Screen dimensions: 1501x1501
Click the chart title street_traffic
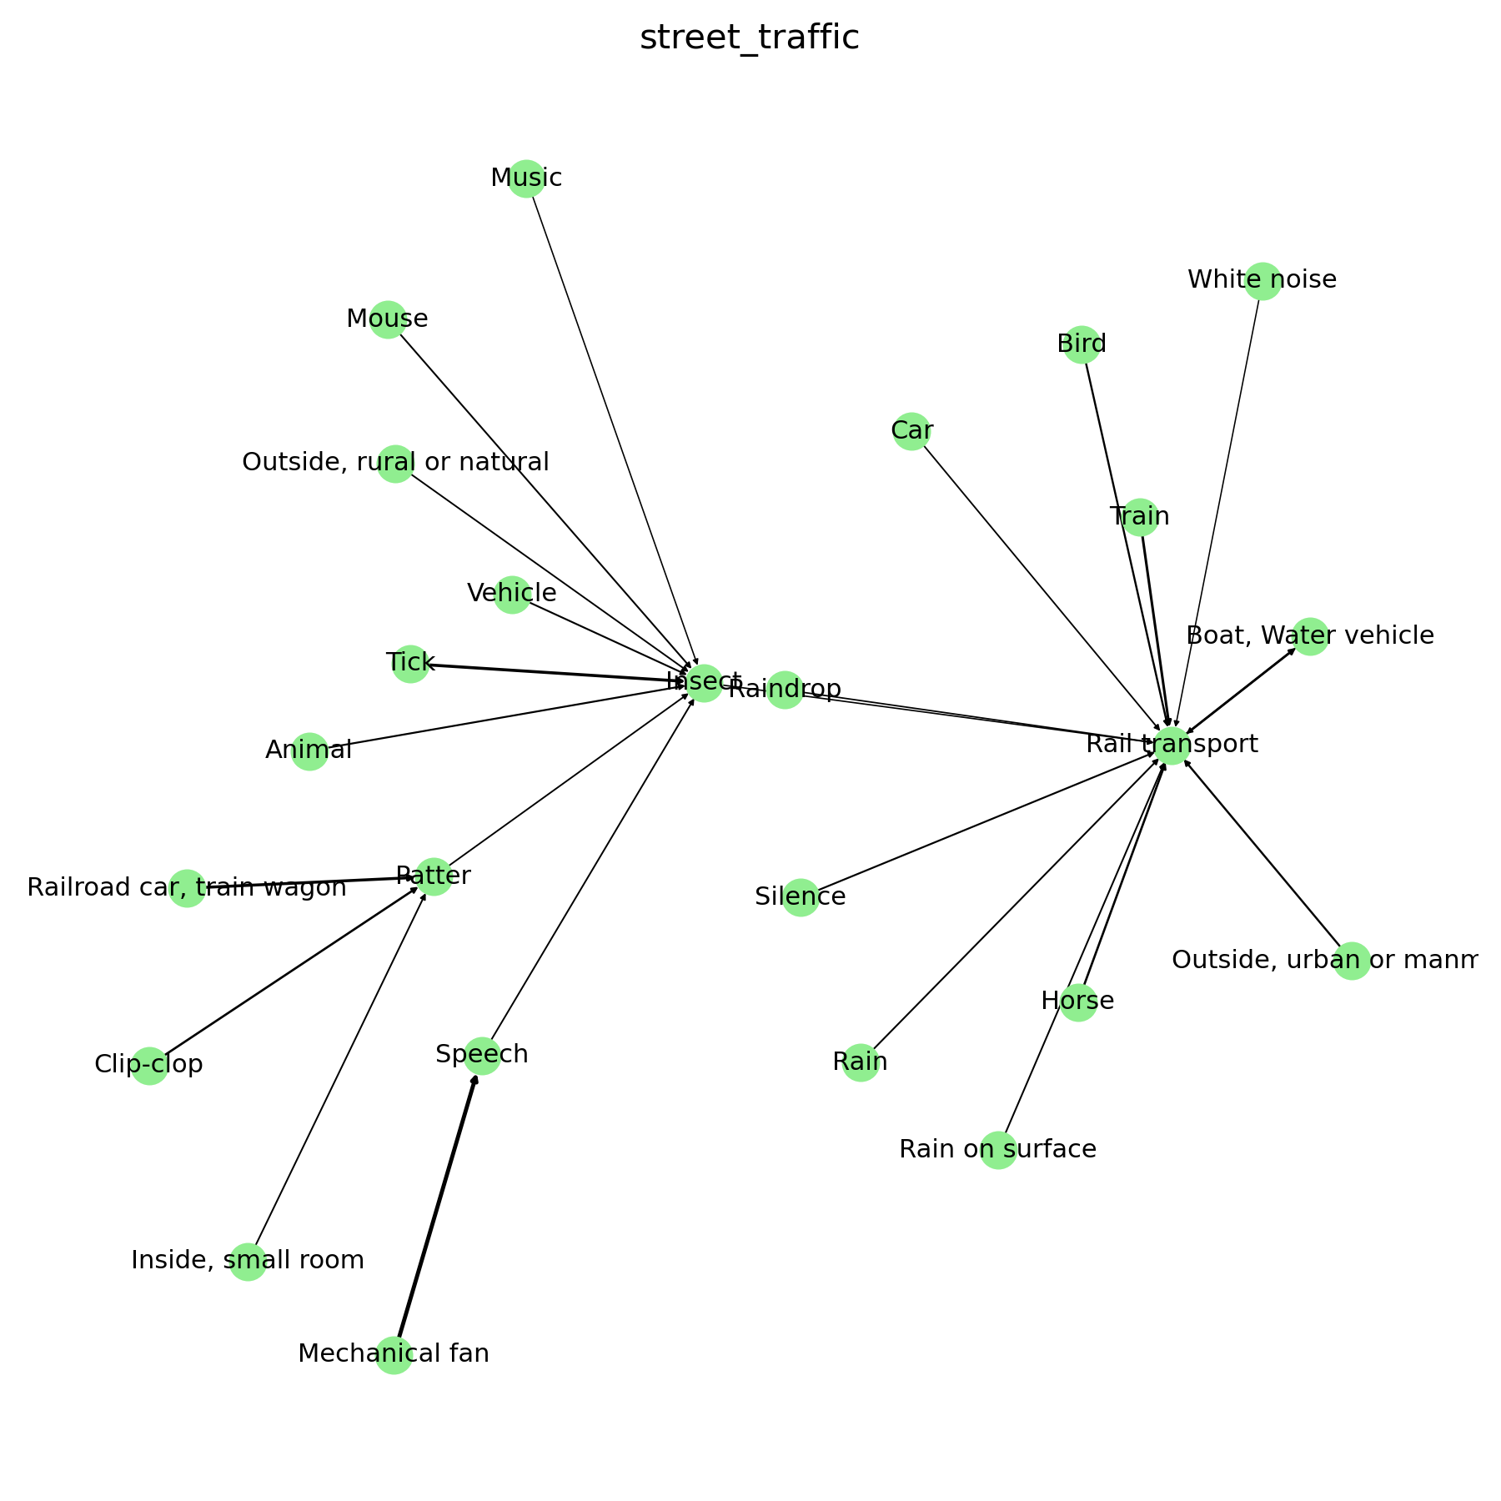pos(749,38)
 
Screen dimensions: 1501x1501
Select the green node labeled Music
pos(526,178)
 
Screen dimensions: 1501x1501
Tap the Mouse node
pos(388,319)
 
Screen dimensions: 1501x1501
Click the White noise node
pos(1263,280)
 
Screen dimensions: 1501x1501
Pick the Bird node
pos(1082,344)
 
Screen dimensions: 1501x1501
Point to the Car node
pos(911,431)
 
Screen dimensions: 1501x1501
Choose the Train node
pos(1140,518)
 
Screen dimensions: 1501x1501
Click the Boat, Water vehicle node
pos(1310,637)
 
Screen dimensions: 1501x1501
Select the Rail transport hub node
pos(1172,745)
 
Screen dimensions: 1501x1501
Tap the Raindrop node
pos(785,690)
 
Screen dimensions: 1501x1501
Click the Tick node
pos(410,664)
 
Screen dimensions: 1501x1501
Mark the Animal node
pos(309,751)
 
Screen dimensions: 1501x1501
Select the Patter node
pos(434,876)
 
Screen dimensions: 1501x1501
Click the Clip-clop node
pos(150,1066)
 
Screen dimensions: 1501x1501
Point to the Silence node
pos(801,897)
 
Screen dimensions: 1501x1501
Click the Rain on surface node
pos(998,1151)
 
